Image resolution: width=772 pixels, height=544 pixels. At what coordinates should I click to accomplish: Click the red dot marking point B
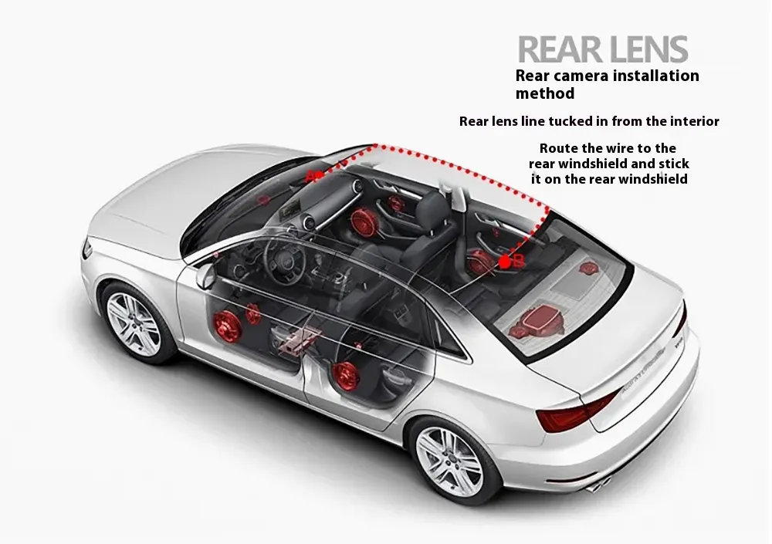coord(505,262)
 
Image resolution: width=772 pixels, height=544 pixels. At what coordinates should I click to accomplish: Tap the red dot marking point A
coord(319,174)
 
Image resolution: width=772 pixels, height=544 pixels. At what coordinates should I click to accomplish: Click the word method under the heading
coord(544,93)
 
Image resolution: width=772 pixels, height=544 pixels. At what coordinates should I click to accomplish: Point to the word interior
coord(695,121)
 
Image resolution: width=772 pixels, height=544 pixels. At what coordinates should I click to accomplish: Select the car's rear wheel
coord(450,461)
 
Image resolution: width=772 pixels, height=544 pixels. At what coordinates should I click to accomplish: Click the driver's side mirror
coord(205,277)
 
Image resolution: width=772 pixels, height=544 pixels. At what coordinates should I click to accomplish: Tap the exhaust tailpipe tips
coord(600,485)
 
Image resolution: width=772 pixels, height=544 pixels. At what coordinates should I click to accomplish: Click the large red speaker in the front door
coord(226,326)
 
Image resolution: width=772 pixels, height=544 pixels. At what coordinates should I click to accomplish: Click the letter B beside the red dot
coord(519,262)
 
